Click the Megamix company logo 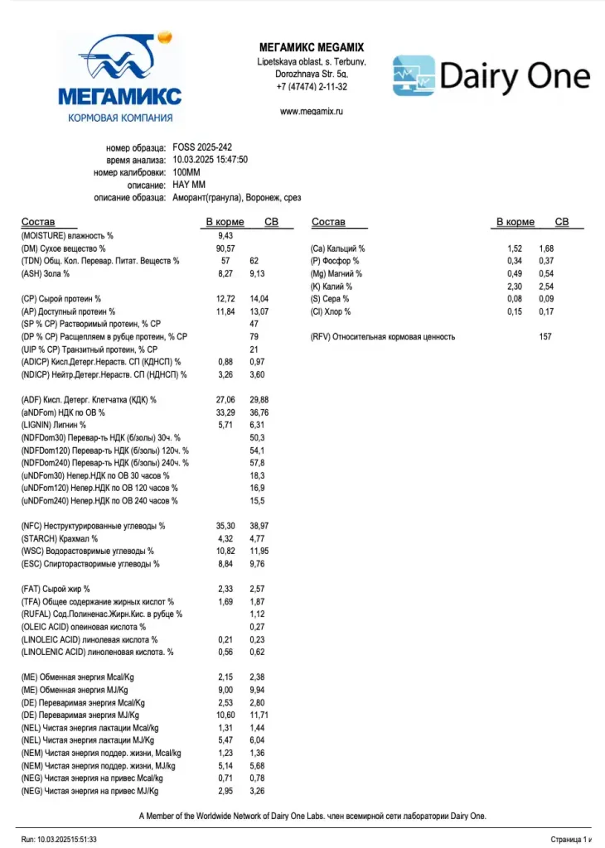pyautogui.click(x=120, y=79)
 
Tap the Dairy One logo pyautogui.click(x=491, y=76)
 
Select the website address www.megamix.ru pyautogui.click(x=312, y=110)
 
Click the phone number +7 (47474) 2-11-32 pyautogui.click(x=312, y=86)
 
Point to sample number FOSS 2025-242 pyautogui.click(x=202, y=147)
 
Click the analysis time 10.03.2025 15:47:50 pyautogui.click(x=211, y=160)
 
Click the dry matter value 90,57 pyautogui.click(x=225, y=248)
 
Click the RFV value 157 pyautogui.click(x=546, y=337)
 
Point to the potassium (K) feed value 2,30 pyautogui.click(x=515, y=286)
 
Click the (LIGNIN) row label pyautogui.click(x=54, y=425)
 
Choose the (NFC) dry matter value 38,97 pyautogui.click(x=259, y=526)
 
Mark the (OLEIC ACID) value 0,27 pyautogui.click(x=257, y=627)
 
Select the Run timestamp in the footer pyautogui.click(x=59, y=839)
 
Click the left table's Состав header pyautogui.click(x=38, y=222)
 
